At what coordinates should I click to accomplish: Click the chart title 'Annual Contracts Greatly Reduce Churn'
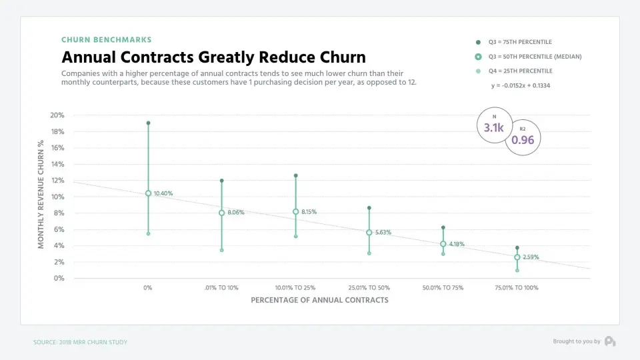[213, 57]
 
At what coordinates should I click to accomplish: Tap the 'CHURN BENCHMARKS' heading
[107, 40]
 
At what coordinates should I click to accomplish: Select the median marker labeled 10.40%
[148, 193]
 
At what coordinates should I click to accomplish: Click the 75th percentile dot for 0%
[148, 123]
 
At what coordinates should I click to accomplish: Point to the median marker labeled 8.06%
[221, 213]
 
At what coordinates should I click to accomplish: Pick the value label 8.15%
[309, 212]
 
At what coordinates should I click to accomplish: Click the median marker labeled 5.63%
[369, 233]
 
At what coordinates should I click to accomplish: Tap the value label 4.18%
[457, 244]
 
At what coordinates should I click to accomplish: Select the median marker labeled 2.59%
[517, 257]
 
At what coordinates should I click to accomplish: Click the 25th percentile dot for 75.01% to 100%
[517, 270]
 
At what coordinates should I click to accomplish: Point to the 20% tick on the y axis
[57, 115]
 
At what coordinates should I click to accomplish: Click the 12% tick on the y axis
[57, 181]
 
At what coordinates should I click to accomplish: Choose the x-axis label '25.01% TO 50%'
[369, 288]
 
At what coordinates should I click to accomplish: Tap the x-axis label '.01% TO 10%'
[221, 288]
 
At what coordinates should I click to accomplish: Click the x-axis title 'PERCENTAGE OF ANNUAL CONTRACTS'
[319, 300]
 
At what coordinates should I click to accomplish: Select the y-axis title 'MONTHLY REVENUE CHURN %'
[41, 195]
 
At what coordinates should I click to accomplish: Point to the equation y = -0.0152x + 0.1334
[521, 85]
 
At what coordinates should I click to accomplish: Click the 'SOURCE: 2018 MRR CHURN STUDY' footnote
[80, 342]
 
